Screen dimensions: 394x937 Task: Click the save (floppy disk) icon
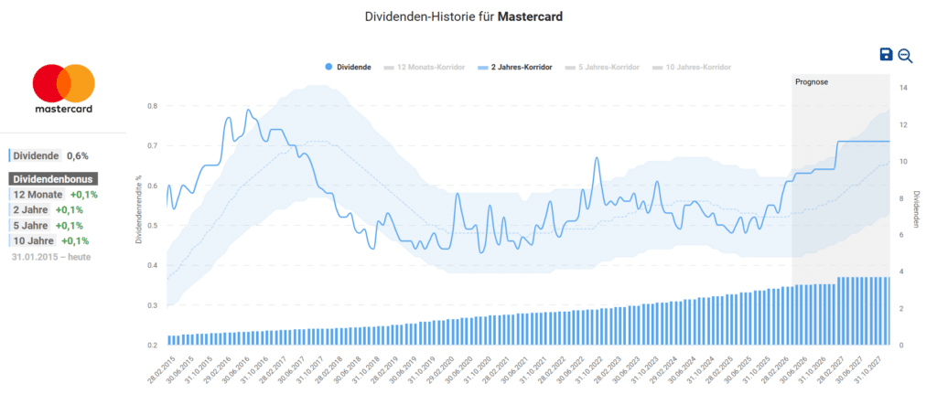886,55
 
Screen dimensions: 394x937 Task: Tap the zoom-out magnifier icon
905,55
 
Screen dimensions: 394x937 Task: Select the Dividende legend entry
347,68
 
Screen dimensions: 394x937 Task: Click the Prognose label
812,82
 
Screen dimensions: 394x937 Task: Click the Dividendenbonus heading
53,179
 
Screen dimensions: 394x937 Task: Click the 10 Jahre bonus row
49,240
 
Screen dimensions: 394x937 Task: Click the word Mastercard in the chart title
530,16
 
